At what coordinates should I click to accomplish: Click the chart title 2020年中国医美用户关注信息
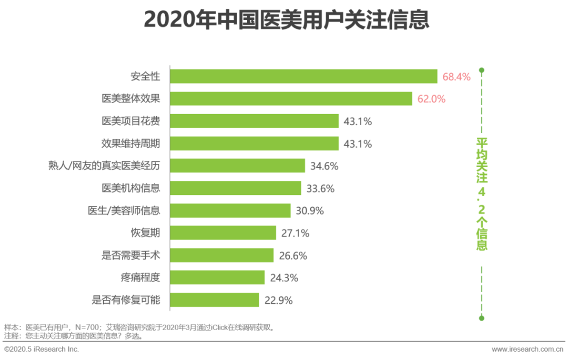(x=286, y=19)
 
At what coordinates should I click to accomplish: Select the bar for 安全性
(x=303, y=76)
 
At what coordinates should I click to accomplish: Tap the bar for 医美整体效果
(x=291, y=99)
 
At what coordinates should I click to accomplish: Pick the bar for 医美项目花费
(x=254, y=121)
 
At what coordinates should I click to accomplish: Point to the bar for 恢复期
(x=223, y=233)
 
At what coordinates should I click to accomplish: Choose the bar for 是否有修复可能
(x=215, y=300)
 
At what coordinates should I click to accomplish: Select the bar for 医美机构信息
(x=236, y=188)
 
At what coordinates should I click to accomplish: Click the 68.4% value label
(x=456, y=77)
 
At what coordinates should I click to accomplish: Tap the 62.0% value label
(x=431, y=99)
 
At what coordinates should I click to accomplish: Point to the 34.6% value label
(x=324, y=166)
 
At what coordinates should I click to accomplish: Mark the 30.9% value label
(x=310, y=211)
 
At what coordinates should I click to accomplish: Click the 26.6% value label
(x=293, y=255)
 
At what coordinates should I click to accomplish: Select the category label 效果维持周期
(x=130, y=143)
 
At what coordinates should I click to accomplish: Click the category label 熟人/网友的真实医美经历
(x=104, y=166)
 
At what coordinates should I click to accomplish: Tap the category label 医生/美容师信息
(x=124, y=211)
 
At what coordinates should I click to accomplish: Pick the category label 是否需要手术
(x=130, y=255)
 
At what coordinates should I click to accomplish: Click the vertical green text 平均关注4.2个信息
(x=482, y=193)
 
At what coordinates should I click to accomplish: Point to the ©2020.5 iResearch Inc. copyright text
(x=42, y=349)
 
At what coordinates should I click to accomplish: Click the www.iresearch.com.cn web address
(x=528, y=349)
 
